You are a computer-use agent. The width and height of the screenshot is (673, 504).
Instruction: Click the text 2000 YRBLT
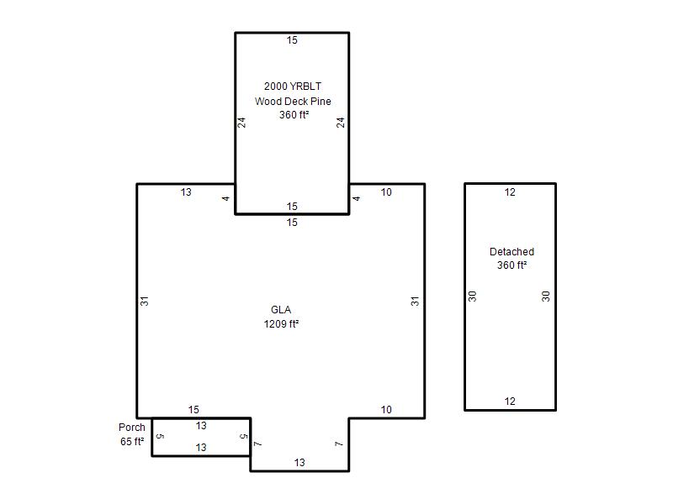tap(293, 87)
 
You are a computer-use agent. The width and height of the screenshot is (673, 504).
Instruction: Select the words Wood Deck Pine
tap(293, 101)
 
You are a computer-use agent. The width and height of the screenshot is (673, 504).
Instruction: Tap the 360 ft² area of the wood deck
tap(294, 115)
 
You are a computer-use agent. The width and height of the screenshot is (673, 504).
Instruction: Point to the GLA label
tap(281, 309)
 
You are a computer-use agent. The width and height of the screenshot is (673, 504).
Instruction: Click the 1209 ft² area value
tap(281, 323)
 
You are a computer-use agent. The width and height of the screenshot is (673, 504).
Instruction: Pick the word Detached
tap(511, 251)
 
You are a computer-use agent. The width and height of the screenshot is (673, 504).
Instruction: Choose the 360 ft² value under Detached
tap(511, 265)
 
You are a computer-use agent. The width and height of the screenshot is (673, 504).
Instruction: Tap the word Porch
tap(132, 428)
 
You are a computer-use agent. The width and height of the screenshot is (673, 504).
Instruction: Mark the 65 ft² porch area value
tap(132, 442)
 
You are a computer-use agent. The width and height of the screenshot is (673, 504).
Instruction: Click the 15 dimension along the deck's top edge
tap(292, 40)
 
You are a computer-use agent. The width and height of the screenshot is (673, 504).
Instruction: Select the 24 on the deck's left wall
tap(241, 123)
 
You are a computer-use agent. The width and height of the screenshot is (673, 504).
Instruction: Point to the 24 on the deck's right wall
tap(341, 123)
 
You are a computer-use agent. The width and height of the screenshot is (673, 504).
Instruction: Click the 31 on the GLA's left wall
tap(145, 302)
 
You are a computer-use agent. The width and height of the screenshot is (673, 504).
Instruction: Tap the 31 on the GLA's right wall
tap(415, 302)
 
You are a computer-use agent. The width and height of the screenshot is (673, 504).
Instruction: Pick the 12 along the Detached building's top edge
tap(510, 192)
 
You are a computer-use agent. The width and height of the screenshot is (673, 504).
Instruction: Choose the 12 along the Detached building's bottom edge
tap(510, 402)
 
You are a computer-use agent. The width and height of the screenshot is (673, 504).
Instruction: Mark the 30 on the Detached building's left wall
tap(473, 297)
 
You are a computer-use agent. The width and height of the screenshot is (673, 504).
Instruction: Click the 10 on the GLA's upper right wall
tap(386, 192)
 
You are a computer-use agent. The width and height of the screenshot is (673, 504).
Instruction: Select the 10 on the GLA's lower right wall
tap(386, 410)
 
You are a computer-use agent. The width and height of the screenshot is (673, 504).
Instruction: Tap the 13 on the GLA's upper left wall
tap(186, 192)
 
